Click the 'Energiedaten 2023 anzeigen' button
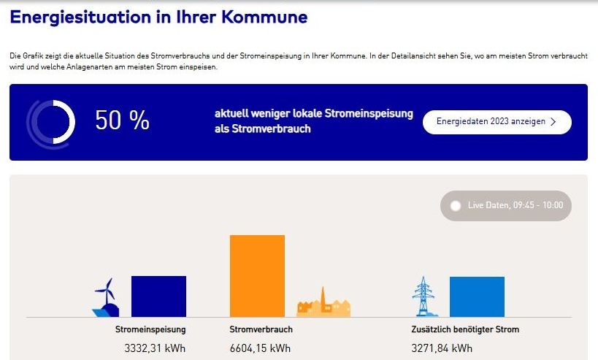coord(497,122)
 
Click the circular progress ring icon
coord(51,121)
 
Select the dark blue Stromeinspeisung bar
coord(158,296)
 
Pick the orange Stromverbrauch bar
coord(257,276)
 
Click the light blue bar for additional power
coord(477,296)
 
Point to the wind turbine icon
coord(107,298)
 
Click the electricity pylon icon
coord(423,297)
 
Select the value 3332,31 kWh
coord(155,348)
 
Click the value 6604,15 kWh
coord(260,348)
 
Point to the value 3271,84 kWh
coord(442,348)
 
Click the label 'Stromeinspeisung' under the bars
coord(145,330)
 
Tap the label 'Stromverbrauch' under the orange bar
coord(261,330)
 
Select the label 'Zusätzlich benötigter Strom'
coord(465,330)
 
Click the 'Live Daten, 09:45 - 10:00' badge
coord(506,206)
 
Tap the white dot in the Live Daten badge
coord(456,206)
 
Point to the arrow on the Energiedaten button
coord(553,122)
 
